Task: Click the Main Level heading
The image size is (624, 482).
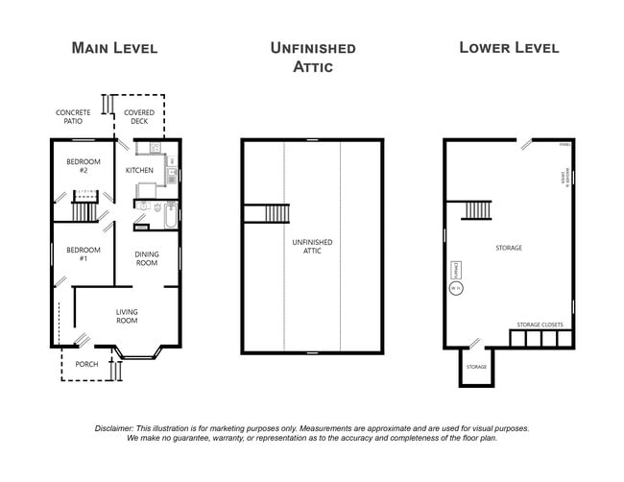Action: (114, 48)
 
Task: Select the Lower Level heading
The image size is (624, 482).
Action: (508, 47)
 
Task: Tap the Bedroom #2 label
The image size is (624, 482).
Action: (78, 166)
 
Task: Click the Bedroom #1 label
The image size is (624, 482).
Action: (78, 254)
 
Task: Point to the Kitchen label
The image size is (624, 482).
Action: (139, 171)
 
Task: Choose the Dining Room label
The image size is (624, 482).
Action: (147, 258)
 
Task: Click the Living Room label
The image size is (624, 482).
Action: (127, 317)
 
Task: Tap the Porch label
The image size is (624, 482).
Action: (87, 364)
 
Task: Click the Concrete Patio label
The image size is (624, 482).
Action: (73, 117)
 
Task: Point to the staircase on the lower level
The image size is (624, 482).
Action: (477, 208)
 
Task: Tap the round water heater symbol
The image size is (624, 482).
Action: (456, 286)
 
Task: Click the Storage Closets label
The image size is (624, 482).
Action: (540, 325)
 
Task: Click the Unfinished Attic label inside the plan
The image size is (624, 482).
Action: (312, 245)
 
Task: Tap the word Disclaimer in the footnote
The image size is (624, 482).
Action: (117, 428)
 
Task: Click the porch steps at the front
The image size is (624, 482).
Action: (117, 370)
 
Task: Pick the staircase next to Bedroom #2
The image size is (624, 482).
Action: (84, 209)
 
